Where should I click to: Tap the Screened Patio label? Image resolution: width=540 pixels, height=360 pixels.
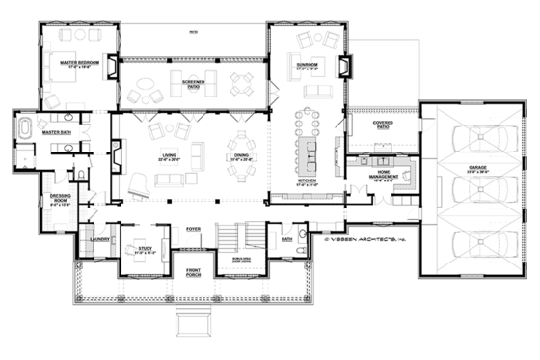point(191,86)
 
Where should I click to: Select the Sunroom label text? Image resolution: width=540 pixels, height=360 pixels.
point(309,66)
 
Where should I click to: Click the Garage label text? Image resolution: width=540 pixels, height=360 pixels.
point(476,170)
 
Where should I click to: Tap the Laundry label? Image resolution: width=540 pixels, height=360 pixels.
point(97,238)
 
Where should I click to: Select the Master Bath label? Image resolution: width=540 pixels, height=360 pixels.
point(54,122)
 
